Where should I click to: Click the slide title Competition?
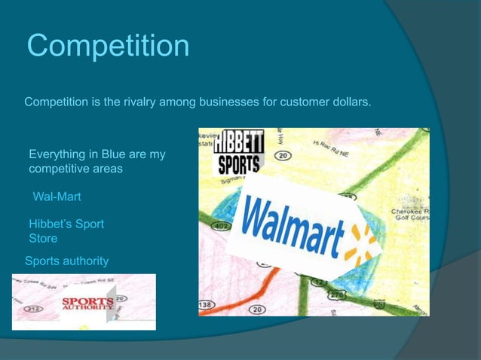point(108,46)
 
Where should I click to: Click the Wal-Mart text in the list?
point(57,197)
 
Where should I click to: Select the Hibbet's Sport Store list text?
point(66,231)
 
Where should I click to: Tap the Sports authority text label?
point(66,261)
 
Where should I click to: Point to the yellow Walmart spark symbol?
point(360,240)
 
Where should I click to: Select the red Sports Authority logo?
point(87,304)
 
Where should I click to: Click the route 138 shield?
point(205,303)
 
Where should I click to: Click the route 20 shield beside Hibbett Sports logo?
point(283,156)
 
